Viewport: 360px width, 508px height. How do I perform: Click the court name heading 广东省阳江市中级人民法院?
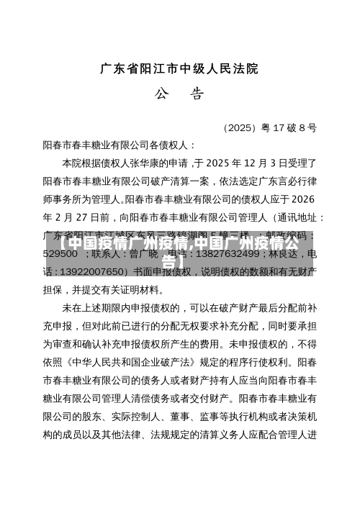(x=179, y=69)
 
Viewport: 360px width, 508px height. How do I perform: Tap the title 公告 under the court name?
(x=179, y=94)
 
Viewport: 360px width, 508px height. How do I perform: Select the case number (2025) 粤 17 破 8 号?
(x=270, y=128)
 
